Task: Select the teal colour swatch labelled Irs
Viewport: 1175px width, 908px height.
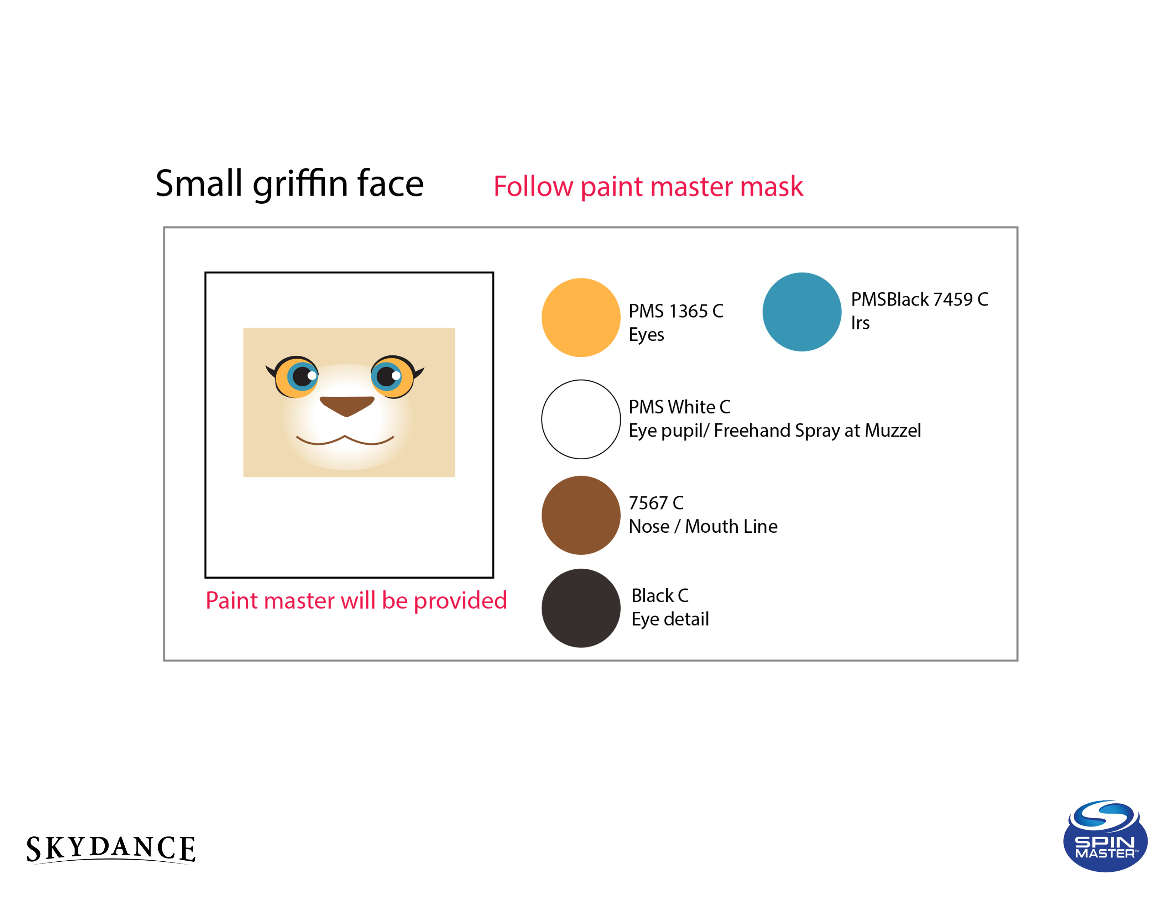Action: pyautogui.click(x=801, y=312)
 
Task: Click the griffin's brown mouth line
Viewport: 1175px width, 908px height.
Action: pyautogui.click(x=345, y=439)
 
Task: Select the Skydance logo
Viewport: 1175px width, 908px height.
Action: pyautogui.click(x=111, y=849)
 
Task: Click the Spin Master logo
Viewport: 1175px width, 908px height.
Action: pyautogui.click(x=1105, y=836)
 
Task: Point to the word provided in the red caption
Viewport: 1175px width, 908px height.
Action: pyautogui.click(x=460, y=600)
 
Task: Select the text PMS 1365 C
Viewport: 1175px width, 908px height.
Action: pyautogui.click(x=676, y=311)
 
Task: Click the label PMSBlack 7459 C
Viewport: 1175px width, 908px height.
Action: pyautogui.click(x=919, y=299)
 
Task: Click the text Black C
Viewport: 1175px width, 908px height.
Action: pyautogui.click(x=659, y=595)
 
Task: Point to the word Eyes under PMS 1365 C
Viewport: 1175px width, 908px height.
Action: pyautogui.click(x=646, y=335)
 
